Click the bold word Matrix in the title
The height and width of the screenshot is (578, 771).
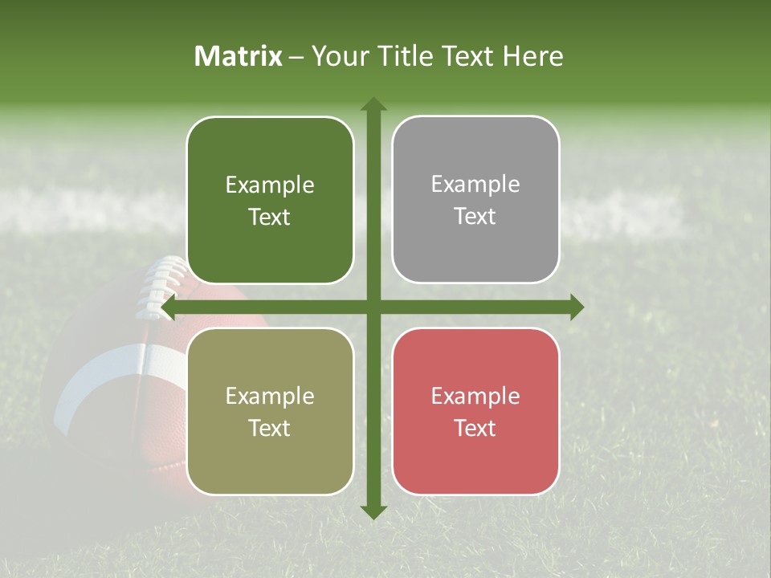tap(239, 56)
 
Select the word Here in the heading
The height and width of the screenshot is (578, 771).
tap(532, 56)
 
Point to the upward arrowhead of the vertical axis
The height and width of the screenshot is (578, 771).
tap(373, 104)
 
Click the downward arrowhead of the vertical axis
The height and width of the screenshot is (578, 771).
tap(373, 511)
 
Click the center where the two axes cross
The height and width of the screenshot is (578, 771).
tap(373, 307)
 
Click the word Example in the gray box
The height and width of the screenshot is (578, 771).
tap(475, 185)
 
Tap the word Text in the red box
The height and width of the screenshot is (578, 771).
tap(475, 429)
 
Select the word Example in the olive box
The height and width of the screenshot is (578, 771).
tap(270, 397)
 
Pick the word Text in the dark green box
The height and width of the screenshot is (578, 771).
tap(270, 218)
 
